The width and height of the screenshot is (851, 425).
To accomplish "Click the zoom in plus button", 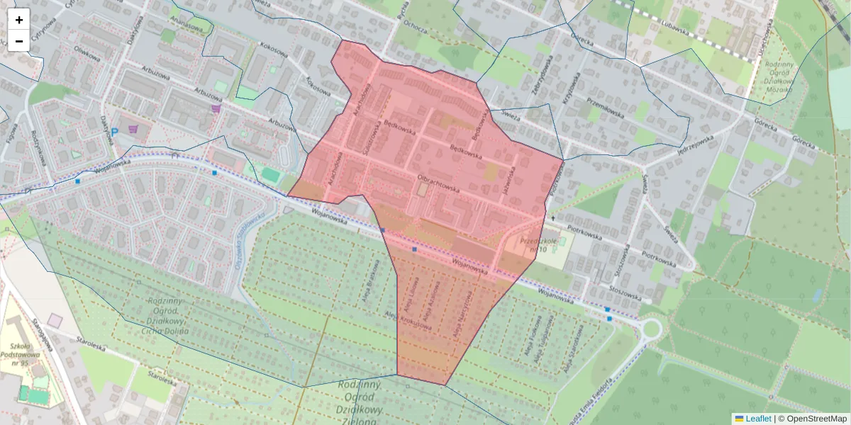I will [19, 20].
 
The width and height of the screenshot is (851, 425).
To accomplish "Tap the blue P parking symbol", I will [113, 132].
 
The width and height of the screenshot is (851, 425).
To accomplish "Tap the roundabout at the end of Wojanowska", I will [649, 329].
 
